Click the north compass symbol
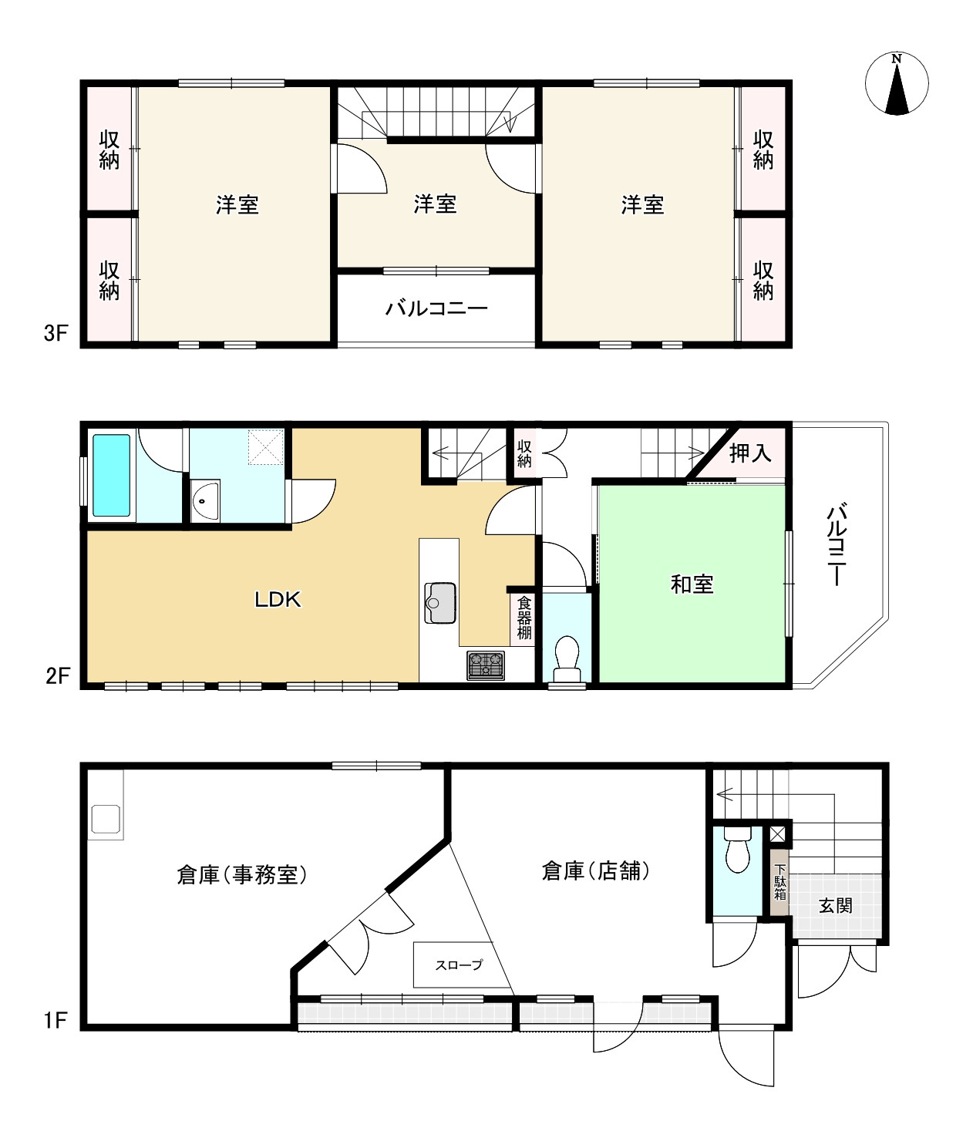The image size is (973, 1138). [897, 84]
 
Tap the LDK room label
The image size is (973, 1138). [278, 600]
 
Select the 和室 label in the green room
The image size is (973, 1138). [692, 584]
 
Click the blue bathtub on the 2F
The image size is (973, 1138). [111, 476]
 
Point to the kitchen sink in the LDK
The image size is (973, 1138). [440, 602]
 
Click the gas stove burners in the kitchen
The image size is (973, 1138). [485, 665]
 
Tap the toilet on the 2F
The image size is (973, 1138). [567, 659]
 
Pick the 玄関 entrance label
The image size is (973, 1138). [835, 906]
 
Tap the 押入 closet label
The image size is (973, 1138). [750, 453]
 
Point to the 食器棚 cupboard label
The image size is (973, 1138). [524, 617]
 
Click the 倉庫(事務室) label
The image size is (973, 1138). [242, 874]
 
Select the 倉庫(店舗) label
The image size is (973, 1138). [596, 870]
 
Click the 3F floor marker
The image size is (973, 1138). [56, 333]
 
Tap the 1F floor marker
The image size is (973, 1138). [56, 1021]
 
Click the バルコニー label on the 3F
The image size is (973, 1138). [436, 308]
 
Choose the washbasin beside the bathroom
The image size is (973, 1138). [205, 500]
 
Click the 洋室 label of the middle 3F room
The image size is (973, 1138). [435, 204]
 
